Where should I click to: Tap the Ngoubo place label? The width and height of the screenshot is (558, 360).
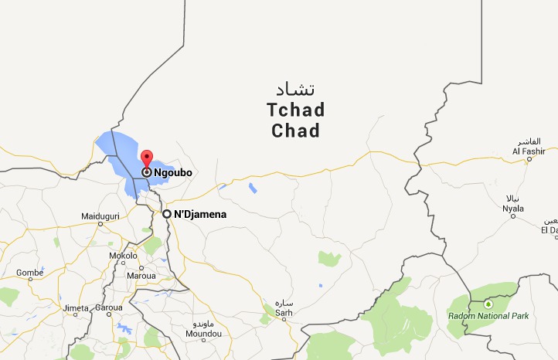click(172, 172)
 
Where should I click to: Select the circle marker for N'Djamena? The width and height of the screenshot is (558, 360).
click(166, 214)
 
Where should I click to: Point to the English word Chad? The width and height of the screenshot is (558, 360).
click(295, 131)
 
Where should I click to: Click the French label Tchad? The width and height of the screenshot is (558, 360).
click(295, 110)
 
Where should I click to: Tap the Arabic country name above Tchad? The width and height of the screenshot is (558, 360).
click(295, 87)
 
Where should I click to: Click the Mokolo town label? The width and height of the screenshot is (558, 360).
click(122, 255)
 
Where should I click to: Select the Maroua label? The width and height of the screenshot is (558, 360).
click(141, 275)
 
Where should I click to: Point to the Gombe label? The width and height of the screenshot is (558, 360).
click(29, 273)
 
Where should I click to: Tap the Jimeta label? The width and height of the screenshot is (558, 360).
click(76, 307)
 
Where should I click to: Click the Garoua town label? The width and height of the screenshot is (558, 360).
click(109, 307)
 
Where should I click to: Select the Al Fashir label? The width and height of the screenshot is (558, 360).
click(529, 151)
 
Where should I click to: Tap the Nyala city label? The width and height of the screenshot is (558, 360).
click(513, 208)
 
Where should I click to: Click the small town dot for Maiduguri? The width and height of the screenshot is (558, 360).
click(100, 223)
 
